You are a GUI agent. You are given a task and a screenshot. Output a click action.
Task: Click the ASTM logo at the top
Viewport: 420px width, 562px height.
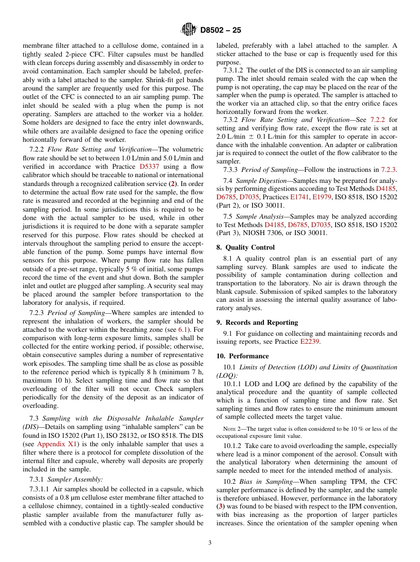coord(189,30)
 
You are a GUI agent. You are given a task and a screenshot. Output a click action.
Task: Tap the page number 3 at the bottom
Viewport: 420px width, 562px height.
coord(210,543)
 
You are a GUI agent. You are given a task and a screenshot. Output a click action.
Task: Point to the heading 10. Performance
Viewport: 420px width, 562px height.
coord(242,356)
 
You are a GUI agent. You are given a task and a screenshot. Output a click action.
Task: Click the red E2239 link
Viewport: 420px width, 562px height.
coord(310,342)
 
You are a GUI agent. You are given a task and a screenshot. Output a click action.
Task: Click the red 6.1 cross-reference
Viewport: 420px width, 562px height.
coord(183,330)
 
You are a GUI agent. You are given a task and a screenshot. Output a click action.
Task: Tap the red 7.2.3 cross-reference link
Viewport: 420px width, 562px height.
coord(389,170)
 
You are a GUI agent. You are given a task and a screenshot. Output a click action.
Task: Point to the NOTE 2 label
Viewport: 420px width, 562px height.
coord(231,429)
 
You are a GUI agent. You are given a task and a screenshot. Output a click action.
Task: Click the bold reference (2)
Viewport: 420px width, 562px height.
coord(175,183)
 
